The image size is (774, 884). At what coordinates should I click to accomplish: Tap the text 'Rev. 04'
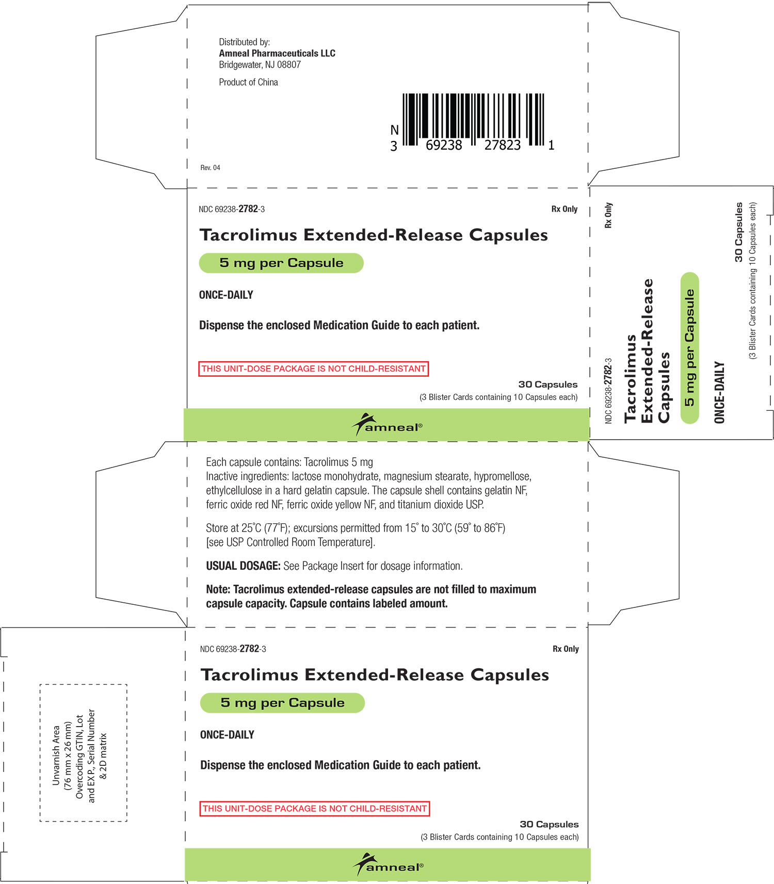pos(210,168)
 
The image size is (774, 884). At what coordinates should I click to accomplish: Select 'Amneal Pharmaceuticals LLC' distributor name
pos(277,53)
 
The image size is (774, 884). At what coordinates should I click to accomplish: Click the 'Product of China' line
pos(248,82)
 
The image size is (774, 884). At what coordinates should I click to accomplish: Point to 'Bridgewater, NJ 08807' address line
pos(260,65)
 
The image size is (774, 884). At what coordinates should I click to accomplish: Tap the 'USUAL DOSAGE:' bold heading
pos(243,566)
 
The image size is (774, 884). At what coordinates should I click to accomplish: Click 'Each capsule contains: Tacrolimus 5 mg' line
pos(289,462)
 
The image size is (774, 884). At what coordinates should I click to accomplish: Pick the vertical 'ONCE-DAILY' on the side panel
pos(719,392)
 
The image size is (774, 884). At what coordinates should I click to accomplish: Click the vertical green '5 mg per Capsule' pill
pos(689,348)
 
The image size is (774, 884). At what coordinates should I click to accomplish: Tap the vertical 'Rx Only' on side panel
pos(608,215)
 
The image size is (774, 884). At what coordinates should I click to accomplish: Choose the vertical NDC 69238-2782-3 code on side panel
pos(608,391)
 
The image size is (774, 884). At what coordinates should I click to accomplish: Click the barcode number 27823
pos(502,146)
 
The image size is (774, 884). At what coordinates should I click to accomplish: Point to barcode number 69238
pos(444,146)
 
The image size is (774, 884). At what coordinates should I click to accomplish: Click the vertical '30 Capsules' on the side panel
pos(739,232)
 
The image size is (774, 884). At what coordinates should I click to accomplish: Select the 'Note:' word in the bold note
pos(218,589)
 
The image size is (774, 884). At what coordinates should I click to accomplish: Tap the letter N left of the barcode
pos(394,130)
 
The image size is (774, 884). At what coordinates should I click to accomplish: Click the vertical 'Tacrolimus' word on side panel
pos(630,379)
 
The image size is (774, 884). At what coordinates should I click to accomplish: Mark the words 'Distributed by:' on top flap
pos(244,42)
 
